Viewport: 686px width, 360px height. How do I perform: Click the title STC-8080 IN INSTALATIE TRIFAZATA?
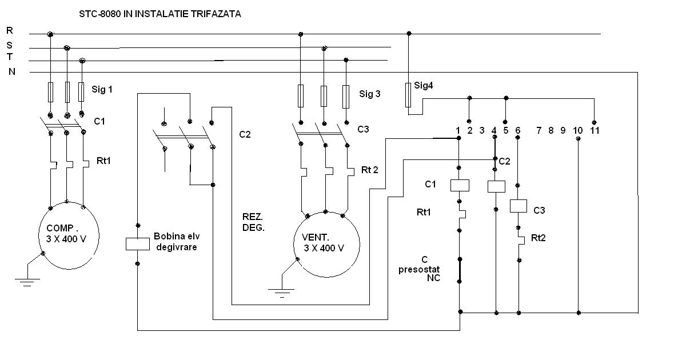point(160,14)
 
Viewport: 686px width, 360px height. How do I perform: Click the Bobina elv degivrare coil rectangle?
point(137,243)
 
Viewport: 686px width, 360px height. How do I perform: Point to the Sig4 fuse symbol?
point(408,94)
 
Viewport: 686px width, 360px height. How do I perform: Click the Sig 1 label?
point(102,89)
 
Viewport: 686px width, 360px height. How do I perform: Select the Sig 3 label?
point(370,94)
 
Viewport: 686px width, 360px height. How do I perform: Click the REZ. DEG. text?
point(252,222)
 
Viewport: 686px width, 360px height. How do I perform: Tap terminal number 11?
point(595,130)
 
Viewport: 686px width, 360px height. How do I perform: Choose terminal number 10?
point(577,130)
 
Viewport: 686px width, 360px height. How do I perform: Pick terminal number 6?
point(518,130)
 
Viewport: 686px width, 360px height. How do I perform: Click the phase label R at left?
point(10,30)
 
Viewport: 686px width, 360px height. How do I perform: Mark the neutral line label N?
point(11,71)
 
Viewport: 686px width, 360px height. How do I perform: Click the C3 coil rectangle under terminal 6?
point(518,206)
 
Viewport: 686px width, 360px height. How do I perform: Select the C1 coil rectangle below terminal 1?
point(460,185)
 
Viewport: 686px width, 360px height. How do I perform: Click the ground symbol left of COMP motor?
point(26,280)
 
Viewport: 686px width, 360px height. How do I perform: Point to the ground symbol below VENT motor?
point(281,293)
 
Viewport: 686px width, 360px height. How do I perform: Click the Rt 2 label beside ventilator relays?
point(370,170)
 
